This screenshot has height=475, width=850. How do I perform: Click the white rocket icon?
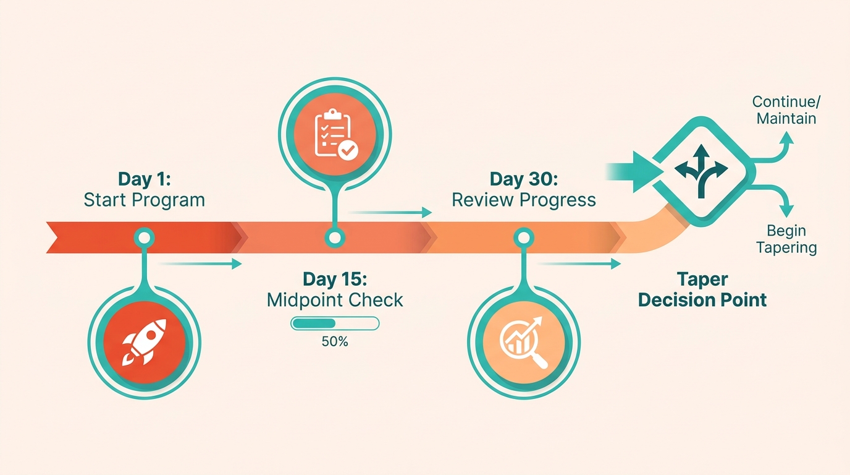[144, 343]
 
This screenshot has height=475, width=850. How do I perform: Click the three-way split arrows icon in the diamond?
[701, 171]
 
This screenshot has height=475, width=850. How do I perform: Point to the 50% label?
[335, 341]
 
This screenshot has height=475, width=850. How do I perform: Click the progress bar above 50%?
[335, 323]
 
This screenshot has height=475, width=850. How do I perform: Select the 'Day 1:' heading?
[145, 179]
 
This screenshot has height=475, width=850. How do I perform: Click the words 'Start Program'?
[144, 200]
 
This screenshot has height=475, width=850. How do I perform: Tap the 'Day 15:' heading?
[335, 279]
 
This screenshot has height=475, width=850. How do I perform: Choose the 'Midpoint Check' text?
[335, 300]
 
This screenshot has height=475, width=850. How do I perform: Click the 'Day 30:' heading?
[524, 179]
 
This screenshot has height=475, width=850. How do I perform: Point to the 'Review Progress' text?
[524, 200]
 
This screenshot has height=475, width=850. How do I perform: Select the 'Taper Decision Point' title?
[702, 289]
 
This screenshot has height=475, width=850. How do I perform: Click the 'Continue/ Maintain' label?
[786, 110]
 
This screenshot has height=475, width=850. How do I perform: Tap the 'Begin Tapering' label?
[786, 239]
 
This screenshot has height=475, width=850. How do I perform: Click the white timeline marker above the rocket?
[144, 238]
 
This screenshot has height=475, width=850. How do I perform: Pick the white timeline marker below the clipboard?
[335, 238]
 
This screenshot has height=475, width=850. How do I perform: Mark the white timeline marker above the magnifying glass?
[524, 238]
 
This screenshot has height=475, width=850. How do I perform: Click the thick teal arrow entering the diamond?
[634, 172]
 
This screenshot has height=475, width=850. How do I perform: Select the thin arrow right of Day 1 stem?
[200, 263]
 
